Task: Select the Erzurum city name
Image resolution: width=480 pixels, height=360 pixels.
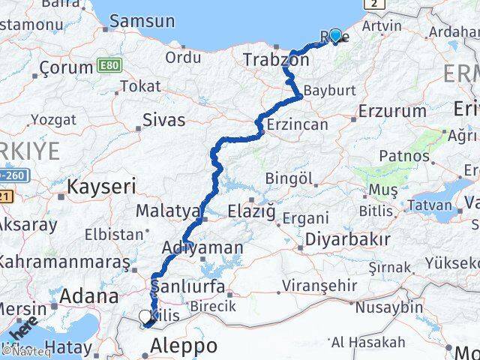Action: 391,112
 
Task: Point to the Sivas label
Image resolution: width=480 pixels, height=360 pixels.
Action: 163,118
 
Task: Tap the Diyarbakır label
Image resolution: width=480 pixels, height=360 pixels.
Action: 344,241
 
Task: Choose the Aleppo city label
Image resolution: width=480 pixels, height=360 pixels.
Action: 184,346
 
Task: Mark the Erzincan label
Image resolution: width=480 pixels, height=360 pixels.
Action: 298,124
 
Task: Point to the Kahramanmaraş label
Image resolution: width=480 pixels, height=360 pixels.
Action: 63,262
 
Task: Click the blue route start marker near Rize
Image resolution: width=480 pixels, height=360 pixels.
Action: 334,35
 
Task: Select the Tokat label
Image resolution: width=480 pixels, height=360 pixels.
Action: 140,86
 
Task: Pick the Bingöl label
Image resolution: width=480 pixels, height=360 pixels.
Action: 289,179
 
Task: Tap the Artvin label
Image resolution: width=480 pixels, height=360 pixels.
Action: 382,25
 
